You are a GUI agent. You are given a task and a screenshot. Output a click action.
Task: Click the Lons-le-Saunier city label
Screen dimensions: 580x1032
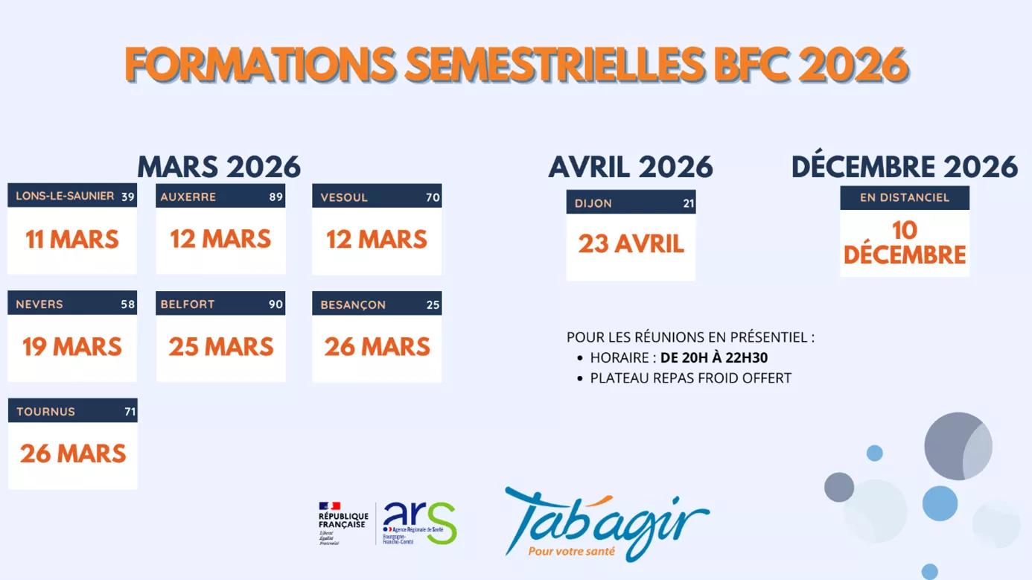[65, 196]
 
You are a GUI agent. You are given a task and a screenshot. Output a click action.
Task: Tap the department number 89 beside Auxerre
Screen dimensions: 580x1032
[276, 197]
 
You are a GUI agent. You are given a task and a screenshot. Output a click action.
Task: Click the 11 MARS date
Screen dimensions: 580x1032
[72, 240]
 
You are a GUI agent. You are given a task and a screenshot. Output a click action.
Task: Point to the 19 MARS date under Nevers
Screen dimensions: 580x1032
[72, 347]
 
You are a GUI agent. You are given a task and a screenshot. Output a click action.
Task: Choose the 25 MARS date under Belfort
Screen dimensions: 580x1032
[221, 347]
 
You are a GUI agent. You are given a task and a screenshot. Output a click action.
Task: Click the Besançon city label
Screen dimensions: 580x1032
[353, 305]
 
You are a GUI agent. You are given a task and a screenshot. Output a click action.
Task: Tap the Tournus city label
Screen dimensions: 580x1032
[45, 412]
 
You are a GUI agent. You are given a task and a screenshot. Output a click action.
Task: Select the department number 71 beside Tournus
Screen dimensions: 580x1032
[130, 412]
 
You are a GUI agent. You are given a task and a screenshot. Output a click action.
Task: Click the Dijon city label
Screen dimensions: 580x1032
[593, 203]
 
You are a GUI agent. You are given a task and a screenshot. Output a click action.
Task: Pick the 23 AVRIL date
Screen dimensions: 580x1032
[631, 244]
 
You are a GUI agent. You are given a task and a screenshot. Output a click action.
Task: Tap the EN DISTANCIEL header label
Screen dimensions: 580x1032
[905, 198]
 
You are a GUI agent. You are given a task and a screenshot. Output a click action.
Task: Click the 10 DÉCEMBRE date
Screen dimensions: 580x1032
[905, 243]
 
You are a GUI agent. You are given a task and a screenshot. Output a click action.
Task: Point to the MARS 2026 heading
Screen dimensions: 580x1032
[219, 167]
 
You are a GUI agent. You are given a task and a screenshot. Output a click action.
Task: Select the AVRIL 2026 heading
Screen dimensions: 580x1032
[631, 167]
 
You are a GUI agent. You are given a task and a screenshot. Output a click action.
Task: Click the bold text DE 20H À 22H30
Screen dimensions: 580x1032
[713, 358]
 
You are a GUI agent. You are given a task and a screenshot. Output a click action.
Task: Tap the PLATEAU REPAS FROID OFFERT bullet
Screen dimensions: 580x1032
[690, 378]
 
